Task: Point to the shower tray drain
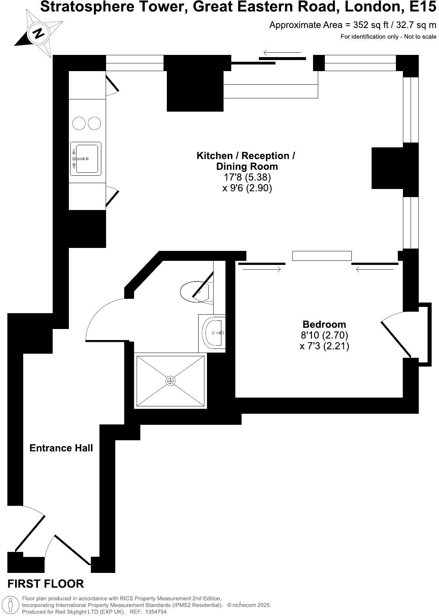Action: (x=170, y=381)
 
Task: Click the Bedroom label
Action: (x=324, y=324)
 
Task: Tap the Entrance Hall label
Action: (x=61, y=448)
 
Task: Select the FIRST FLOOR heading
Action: (x=46, y=584)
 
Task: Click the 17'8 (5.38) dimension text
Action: (x=247, y=177)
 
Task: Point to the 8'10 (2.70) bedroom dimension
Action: (x=324, y=335)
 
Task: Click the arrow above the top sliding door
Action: (x=282, y=53)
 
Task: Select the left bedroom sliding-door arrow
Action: (x=262, y=270)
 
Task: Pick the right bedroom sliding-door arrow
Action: (x=375, y=270)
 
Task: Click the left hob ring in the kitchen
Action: (x=79, y=123)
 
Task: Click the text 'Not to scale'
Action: (x=420, y=36)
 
